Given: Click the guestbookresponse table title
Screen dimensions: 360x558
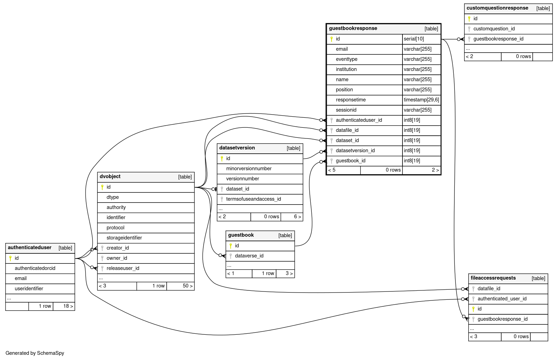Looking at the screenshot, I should pyautogui.click(x=353, y=28).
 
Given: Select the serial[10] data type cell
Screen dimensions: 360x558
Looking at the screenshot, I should pyautogui.click(x=414, y=39).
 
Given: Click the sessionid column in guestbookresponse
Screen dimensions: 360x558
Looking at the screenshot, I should pyautogui.click(x=346, y=110).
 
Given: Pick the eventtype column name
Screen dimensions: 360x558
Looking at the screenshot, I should pyautogui.click(x=346, y=59).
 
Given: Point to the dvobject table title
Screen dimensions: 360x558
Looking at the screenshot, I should pyautogui.click(x=110, y=177).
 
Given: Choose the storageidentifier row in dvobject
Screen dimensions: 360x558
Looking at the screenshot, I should pyautogui.click(x=124, y=238).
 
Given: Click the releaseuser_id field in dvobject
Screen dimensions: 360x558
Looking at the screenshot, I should pyautogui.click(x=123, y=268).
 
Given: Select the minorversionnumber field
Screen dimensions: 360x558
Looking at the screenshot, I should pyautogui.click(x=249, y=169).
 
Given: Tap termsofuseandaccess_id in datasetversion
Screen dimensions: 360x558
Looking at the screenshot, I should pyautogui.click(x=253, y=199).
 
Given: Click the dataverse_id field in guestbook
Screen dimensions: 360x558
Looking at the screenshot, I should pyautogui.click(x=249, y=256).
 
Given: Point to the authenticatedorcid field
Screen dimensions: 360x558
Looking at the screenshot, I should pyautogui.click(x=35, y=268).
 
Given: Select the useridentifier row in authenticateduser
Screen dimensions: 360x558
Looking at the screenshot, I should pyautogui.click(x=29, y=289).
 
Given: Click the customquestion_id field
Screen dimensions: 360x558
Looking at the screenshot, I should pyautogui.click(x=494, y=29).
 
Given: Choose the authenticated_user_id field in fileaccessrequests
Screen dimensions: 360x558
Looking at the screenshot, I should pyautogui.click(x=502, y=299).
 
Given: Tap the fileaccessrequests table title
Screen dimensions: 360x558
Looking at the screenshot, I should pyautogui.click(x=493, y=278).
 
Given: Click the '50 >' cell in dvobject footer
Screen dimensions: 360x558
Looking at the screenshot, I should pyautogui.click(x=187, y=286).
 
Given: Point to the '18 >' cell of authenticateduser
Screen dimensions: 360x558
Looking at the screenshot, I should pyautogui.click(x=68, y=306).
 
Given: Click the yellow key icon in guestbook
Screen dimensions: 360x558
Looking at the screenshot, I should pyautogui.click(x=231, y=246).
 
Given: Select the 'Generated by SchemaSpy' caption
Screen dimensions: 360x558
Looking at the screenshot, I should pyautogui.click(x=35, y=353).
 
